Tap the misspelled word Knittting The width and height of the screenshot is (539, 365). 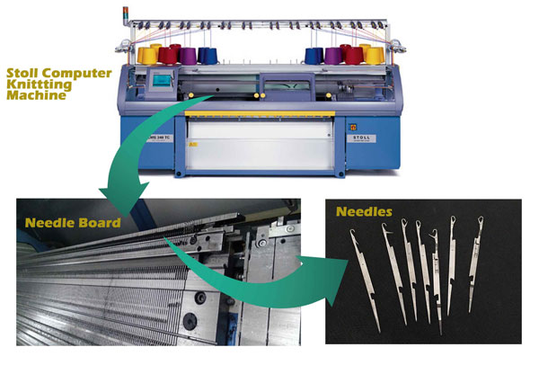40,85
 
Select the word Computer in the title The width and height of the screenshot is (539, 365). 76,74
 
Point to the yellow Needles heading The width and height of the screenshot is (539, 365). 364,211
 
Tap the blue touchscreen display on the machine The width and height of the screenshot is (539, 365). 162,81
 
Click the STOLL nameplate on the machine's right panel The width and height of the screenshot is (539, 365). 361,138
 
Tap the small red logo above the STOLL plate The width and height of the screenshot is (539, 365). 353,128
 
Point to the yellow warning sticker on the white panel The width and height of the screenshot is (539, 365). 193,145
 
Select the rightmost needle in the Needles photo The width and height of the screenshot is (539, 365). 475,264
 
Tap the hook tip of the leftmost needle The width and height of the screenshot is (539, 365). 351,231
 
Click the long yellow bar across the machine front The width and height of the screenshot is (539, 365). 260,113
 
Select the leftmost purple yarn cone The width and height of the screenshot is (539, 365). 188,56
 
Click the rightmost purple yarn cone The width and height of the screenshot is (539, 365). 333,56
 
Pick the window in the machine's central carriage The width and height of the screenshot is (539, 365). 287,85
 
